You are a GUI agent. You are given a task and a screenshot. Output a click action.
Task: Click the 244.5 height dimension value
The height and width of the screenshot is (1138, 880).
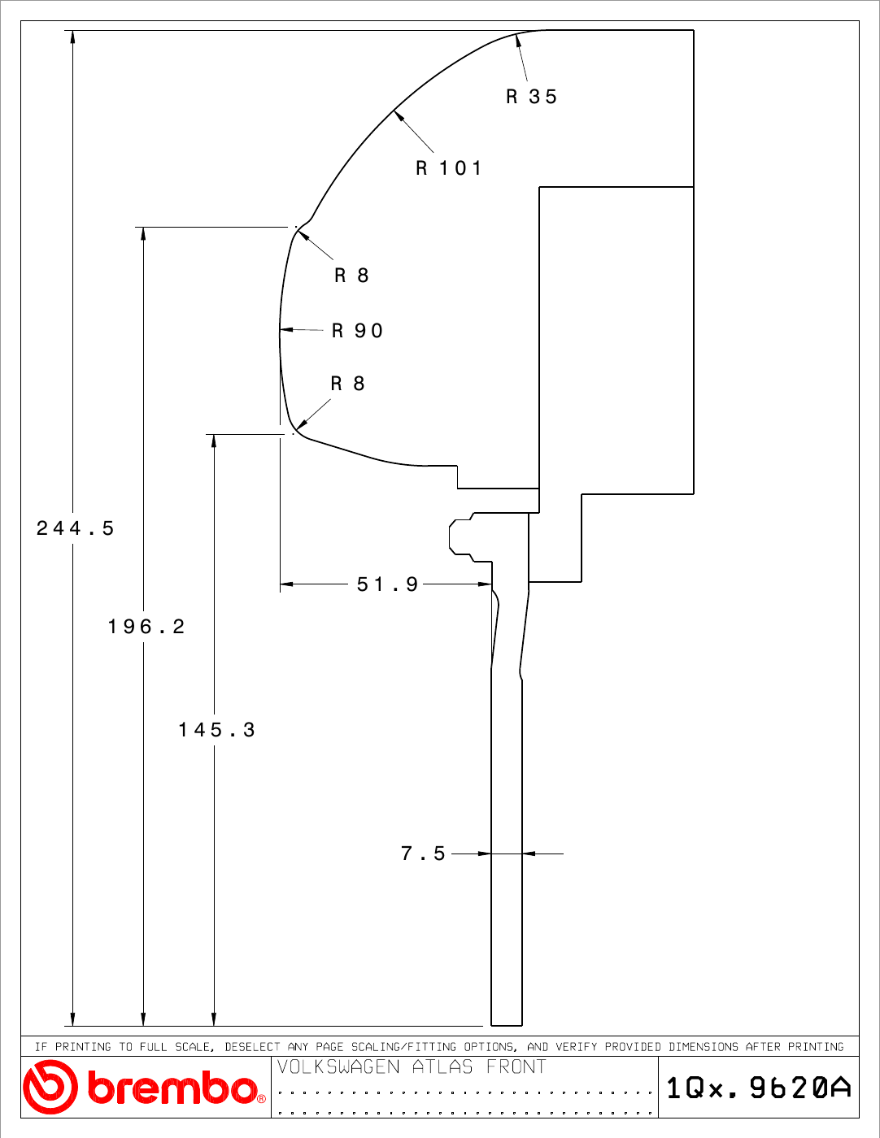(x=75, y=528)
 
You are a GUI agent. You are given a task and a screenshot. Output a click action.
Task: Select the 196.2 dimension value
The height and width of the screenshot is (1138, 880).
(x=146, y=627)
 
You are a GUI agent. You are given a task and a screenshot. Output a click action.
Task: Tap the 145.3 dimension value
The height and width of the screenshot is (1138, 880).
(x=217, y=729)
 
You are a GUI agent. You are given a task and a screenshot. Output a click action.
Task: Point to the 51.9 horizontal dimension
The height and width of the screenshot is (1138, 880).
(x=387, y=584)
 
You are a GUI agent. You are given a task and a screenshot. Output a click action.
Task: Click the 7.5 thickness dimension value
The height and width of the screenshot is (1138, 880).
(x=423, y=853)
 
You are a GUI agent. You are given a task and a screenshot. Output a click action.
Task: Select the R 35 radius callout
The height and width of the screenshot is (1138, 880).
(x=531, y=97)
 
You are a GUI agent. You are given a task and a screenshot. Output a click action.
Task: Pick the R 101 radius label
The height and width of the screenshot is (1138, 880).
(x=448, y=168)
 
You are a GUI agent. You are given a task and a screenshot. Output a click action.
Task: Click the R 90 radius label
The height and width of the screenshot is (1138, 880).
(x=357, y=331)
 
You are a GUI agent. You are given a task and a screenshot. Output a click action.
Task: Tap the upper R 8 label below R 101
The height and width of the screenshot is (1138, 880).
(x=351, y=275)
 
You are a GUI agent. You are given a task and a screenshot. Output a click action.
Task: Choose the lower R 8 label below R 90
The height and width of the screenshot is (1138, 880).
(x=347, y=384)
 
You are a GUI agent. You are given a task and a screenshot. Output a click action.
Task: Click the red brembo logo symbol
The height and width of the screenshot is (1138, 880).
(x=50, y=1087)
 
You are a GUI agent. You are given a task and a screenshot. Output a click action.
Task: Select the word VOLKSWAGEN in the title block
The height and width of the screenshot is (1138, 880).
(x=338, y=1066)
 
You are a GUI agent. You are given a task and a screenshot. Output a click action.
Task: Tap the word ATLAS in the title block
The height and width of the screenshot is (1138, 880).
(x=442, y=1066)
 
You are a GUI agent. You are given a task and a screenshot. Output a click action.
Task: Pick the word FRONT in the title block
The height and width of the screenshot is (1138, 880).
(x=516, y=1066)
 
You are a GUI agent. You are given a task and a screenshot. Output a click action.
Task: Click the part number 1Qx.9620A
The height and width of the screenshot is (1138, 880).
(x=759, y=1088)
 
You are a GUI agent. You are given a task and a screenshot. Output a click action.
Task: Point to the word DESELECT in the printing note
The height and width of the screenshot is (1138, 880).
(x=252, y=1046)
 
